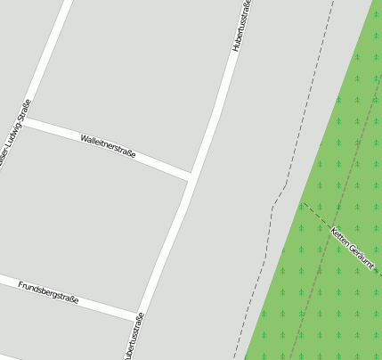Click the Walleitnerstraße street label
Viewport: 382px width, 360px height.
point(108,146)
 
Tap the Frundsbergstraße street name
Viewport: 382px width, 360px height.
point(48,292)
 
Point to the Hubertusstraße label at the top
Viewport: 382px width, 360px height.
point(241,24)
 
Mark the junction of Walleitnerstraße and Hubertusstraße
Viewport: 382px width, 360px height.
point(191,176)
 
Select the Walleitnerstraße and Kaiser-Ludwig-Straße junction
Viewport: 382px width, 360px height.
point(26,119)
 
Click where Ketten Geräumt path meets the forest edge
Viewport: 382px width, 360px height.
point(303,203)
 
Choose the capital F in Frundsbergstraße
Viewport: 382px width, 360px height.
point(20,283)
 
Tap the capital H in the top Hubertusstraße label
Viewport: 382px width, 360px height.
point(237,46)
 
